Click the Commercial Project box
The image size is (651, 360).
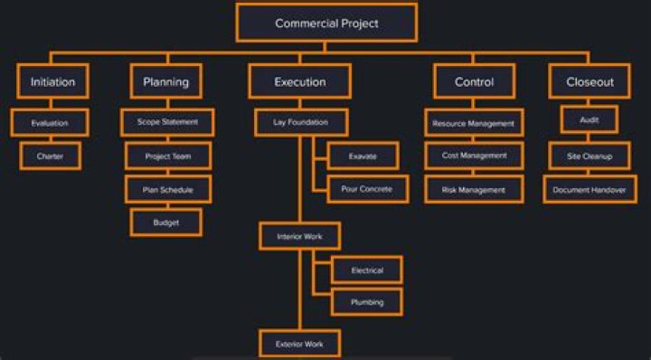click(326, 23)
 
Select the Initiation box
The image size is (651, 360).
click(52, 81)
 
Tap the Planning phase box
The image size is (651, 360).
click(166, 81)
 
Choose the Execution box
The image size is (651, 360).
click(300, 81)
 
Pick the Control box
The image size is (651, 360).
click(474, 81)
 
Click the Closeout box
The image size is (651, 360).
click(590, 81)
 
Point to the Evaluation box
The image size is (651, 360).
click(50, 122)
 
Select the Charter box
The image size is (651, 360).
click(50, 156)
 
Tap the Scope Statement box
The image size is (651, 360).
click(167, 121)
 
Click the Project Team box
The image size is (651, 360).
click(169, 156)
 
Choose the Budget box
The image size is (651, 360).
click(165, 222)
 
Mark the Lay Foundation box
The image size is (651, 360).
click(300, 121)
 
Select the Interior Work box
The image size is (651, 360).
click(300, 237)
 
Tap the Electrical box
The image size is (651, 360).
click(366, 270)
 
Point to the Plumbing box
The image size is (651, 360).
click(366, 302)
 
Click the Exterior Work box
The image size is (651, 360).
click(300, 344)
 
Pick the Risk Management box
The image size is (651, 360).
click(474, 189)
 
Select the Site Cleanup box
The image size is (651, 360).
click(590, 156)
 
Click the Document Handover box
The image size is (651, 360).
click(590, 189)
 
